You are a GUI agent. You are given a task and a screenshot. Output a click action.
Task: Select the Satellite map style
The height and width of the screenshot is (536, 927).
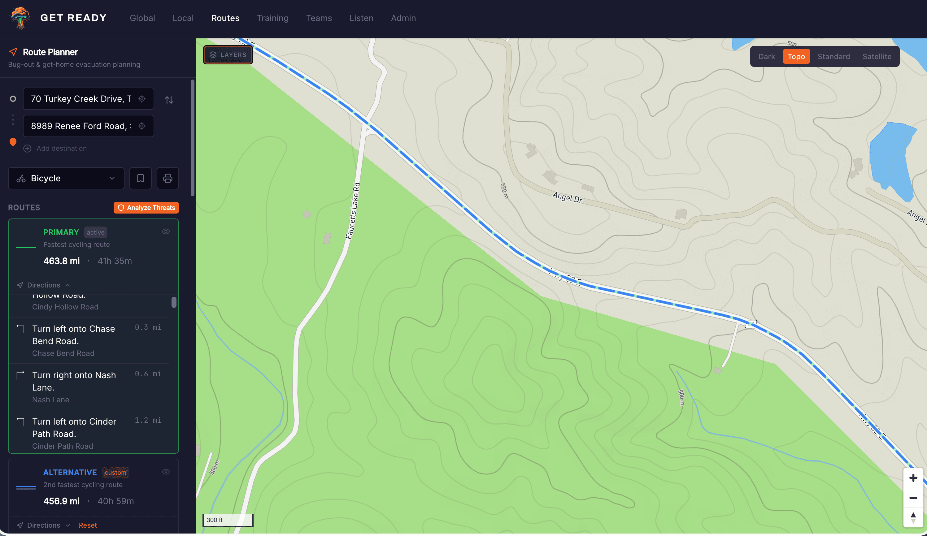tap(877, 57)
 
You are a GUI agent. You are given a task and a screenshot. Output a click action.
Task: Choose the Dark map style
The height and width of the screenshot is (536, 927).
tap(766, 57)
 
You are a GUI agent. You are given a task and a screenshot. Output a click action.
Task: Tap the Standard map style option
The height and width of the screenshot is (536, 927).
tap(833, 57)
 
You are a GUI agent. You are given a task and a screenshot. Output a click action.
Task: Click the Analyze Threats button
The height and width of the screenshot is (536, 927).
tap(146, 208)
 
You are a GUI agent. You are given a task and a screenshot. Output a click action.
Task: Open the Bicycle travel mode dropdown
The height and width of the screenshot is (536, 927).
tap(66, 178)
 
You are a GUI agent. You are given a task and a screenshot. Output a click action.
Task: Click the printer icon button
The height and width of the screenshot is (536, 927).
tap(168, 178)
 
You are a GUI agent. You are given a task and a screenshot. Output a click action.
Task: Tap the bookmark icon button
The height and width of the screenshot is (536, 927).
tap(141, 178)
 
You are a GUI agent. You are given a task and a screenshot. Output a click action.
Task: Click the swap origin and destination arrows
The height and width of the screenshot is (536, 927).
tap(169, 100)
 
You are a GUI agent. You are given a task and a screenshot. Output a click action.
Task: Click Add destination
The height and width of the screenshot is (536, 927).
tap(61, 149)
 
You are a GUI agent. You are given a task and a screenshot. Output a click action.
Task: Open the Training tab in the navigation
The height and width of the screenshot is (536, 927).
tap(272, 18)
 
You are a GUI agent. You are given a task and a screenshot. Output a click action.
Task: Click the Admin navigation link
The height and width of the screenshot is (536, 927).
tap(403, 18)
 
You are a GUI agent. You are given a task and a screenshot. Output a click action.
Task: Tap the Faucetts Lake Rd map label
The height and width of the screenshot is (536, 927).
tap(353, 211)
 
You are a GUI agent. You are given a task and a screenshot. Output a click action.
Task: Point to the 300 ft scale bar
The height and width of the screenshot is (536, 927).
tap(228, 520)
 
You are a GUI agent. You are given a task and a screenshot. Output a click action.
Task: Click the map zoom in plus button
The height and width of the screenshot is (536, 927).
tap(913, 478)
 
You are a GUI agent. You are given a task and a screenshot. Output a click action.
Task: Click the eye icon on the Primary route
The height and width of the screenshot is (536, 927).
tap(166, 231)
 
